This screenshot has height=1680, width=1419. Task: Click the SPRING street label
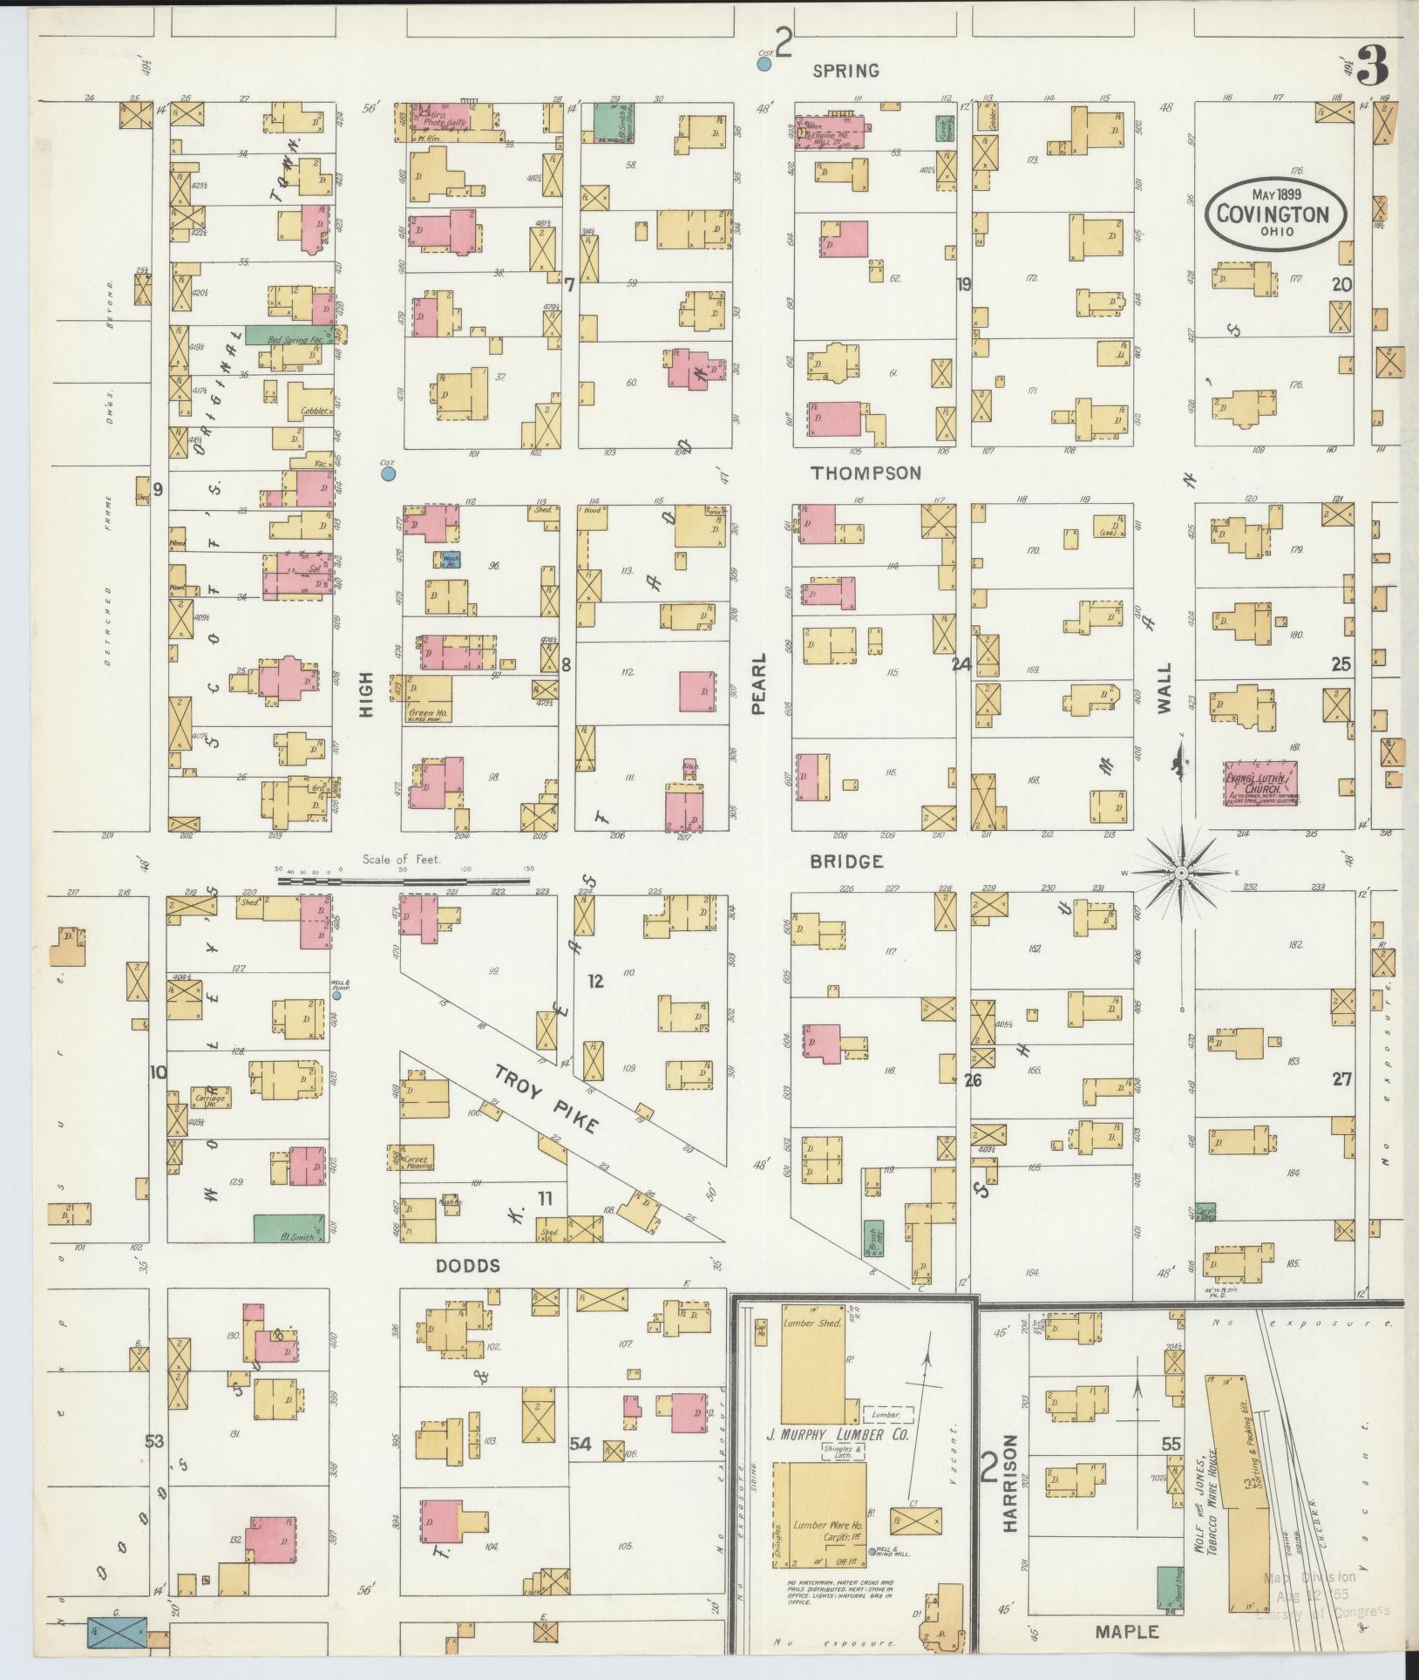coord(845,71)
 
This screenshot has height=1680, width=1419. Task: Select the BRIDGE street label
coord(846,861)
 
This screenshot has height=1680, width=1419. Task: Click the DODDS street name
coord(468,1265)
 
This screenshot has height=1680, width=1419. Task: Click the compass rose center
coord(1181,873)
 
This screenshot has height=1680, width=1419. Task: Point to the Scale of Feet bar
coord(404,881)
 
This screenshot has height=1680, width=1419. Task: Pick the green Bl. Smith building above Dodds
coord(291,1228)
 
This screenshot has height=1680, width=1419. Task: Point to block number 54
coord(580,1445)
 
